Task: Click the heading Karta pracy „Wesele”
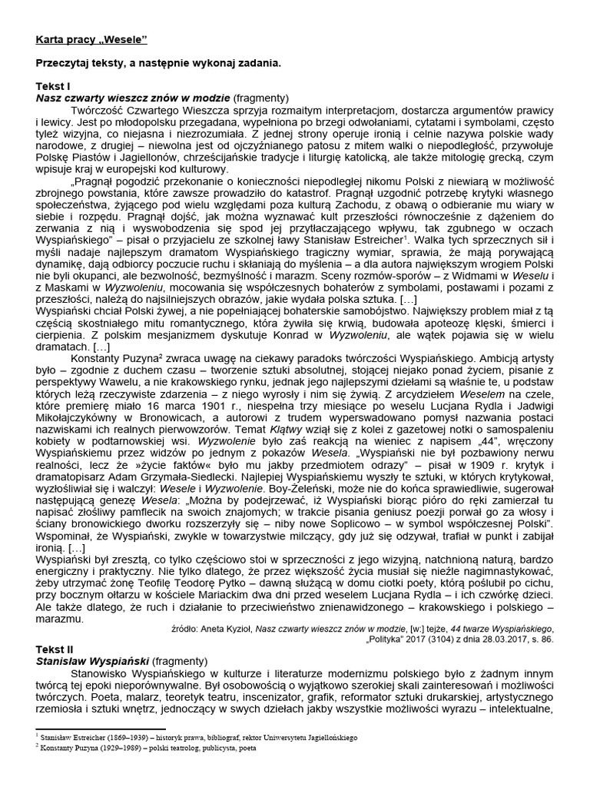(x=91, y=38)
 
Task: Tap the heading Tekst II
(x=55, y=648)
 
